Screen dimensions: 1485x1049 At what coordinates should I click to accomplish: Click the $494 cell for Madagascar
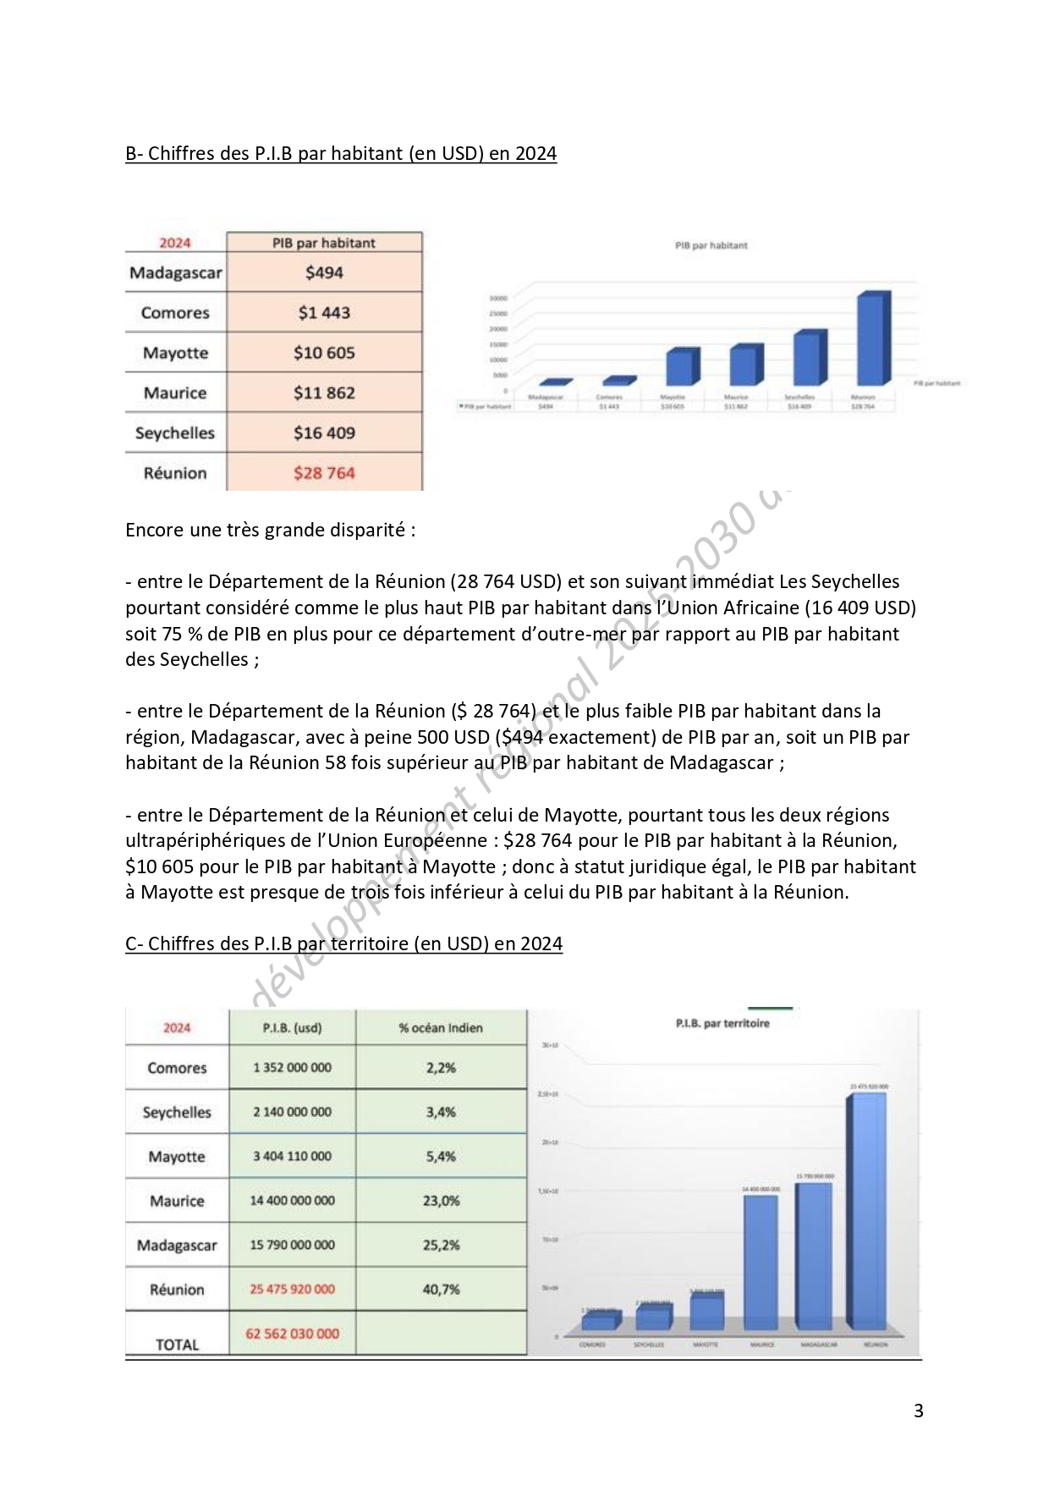click(x=324, y=272)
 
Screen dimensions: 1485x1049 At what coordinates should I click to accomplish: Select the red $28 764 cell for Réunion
click(x=324, y=473)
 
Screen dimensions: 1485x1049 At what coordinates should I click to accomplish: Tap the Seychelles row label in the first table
click(x=175, y=433)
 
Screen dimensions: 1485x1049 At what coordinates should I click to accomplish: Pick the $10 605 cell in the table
click(x=324, y=353)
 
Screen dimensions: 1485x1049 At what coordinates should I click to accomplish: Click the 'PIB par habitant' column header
click(x=324, y=243)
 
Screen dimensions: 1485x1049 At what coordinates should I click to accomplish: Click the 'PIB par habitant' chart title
click(x=711, y=245)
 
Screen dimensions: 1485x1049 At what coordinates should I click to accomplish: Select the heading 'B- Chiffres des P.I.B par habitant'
click(x=341, y=153)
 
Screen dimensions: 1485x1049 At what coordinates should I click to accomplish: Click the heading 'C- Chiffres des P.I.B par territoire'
click(x=343, y=943)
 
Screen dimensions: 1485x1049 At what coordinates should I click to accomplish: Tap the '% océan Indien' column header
click(x=441, y=1028)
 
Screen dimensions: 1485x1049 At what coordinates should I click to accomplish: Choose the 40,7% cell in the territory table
click(x=441, y=1290)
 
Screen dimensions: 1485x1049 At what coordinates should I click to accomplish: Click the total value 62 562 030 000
click(x=292, y=1334)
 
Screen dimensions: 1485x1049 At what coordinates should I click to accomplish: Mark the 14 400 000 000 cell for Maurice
click(x=292, y=1201)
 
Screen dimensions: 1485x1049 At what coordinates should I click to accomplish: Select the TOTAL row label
click(x=177, y=1345)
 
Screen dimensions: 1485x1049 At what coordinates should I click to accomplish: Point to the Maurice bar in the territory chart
click(x=761, y=1261)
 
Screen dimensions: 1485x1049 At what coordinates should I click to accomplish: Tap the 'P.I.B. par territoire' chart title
click(x=722, y=1024)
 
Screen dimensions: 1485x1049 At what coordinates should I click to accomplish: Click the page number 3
click(x=919, y=1411)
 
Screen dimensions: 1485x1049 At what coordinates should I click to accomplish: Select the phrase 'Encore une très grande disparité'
click(x=270, y=530)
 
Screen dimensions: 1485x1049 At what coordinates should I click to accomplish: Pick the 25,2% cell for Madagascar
click(x=441, y=1246)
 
